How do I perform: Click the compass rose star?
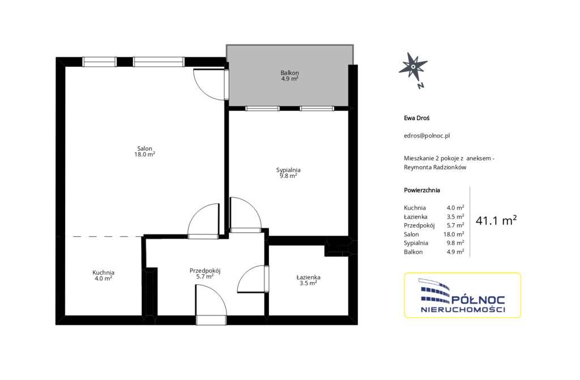pyautogui.click(x=413, y=67)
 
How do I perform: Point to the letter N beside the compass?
pyautogui.click(x=421, y=86)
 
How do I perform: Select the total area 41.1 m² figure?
pyautogui.click(x=496, y=220)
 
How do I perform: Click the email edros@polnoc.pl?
pyautogui.click(x=427, y=135)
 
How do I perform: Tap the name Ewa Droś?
pyautogui.click(x=416, y=118)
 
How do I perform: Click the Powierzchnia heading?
pyautogui.click(x=422, y=190)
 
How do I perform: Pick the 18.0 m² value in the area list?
pyautogui.click(x=454, y=234)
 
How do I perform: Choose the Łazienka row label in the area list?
pyautogui.click(x=416, y=217)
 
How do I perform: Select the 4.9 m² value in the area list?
pyautogui.click(x=455, y=252)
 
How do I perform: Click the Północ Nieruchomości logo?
pyautogui.click(x=462, y=295)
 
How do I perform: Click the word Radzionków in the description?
pyautogui.click(x=450, y=167)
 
